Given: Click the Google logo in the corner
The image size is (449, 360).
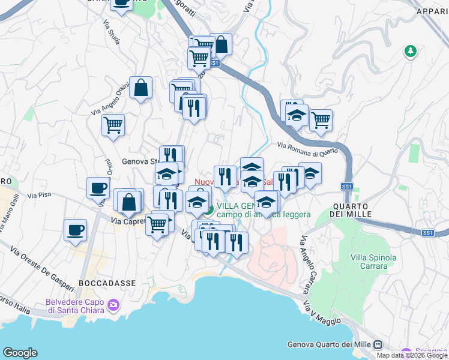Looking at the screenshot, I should [x=20, y=353].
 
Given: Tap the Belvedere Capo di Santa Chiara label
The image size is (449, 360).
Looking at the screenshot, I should [x=74, y=306].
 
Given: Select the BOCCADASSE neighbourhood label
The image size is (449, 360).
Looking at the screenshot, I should [x=107, y=282].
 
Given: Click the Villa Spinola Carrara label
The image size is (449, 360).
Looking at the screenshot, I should [x=373, y=262].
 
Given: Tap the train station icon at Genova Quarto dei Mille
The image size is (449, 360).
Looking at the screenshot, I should [x=378, y=344].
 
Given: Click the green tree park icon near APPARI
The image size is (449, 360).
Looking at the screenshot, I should [x=411, y=52].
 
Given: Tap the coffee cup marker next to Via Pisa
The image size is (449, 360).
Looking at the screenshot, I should [x=98, y=187].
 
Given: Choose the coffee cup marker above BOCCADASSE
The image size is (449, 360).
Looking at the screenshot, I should [x=75, y=230].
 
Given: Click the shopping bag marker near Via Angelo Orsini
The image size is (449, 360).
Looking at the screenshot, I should [x=140, y=88].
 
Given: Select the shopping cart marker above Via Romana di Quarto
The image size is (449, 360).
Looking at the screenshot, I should [x=321, y=119].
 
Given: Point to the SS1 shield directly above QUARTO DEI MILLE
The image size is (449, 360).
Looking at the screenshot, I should [x=347, y=187].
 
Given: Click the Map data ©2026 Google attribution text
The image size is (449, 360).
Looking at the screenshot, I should [x=412, y=355].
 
